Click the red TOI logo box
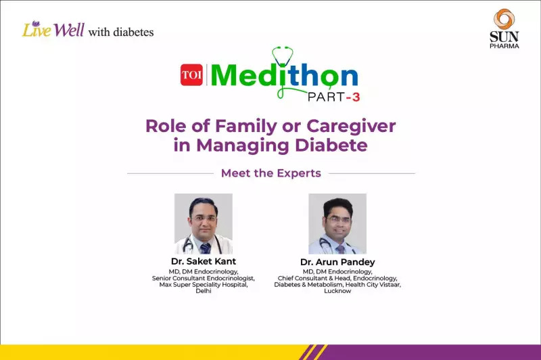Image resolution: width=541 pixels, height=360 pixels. pos(191,75)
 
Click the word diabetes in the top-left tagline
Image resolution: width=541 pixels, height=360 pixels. pos(132,32)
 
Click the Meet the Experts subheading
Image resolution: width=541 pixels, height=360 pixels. pos(270,173)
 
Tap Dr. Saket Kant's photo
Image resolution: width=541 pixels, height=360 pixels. pos(203,223)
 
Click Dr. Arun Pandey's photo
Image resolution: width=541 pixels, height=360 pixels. pos(337,223)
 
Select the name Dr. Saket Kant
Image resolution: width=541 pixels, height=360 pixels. pos(203,261)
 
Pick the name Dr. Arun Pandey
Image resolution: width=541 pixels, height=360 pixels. pos(337,262)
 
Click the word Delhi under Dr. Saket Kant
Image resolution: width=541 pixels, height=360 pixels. pos(203,290)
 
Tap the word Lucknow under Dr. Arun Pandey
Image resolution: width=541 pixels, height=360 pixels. pos(337,291)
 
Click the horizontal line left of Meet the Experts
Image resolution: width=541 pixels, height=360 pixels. pos(170,173)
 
